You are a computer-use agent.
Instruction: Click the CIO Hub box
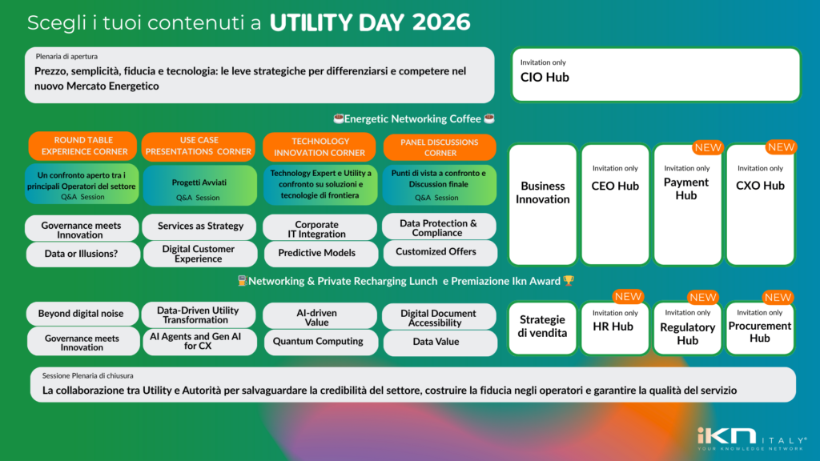656,74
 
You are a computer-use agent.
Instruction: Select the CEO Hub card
615,204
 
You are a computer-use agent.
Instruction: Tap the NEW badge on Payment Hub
708,147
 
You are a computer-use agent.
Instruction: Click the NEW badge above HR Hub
628,296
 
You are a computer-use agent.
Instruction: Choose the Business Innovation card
542,204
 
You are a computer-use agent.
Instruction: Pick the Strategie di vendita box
542,328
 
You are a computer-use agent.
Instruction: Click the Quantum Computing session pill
320,342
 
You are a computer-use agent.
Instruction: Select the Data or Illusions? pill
82,254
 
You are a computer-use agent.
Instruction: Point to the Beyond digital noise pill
82,314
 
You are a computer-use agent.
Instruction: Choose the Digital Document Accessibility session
440,317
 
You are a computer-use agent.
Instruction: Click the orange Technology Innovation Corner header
319,147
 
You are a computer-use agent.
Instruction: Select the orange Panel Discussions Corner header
440,147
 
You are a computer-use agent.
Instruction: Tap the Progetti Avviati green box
199,186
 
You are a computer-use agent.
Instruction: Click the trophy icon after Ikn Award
569,281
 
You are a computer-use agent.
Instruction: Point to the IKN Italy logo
751,439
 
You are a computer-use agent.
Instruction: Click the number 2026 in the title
441,22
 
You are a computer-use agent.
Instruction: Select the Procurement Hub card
759,328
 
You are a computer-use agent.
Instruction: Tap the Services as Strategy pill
199,226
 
